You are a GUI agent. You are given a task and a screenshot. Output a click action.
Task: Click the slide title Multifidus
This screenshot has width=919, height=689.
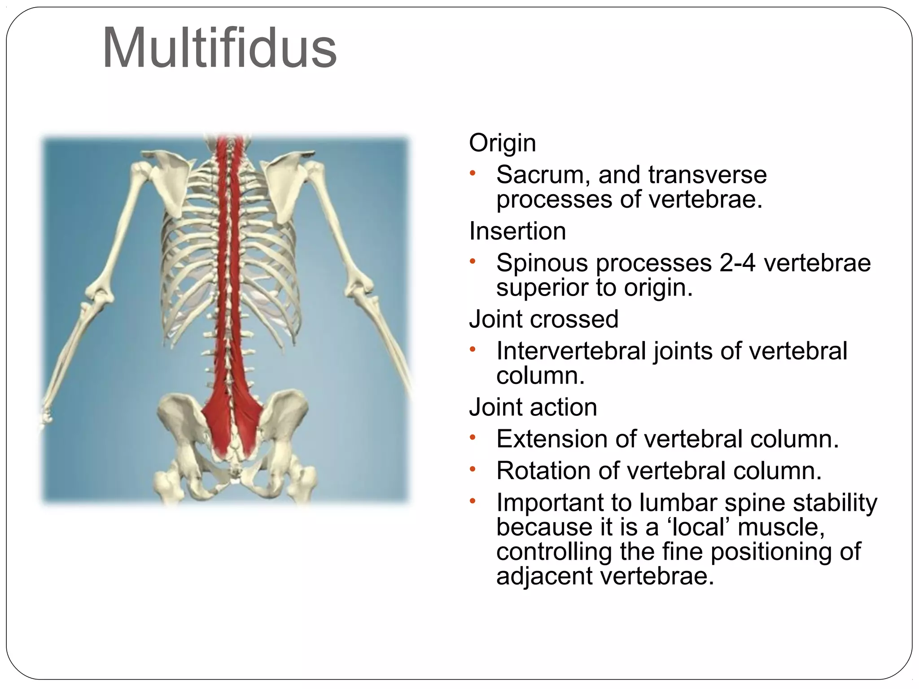coord(219,48)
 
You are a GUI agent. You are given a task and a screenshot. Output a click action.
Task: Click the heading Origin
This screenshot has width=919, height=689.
coord(502,143)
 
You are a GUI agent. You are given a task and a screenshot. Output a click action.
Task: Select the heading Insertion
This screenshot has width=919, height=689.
coord(517,231)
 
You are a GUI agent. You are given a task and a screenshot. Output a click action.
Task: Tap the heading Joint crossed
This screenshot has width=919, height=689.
coord(543,319)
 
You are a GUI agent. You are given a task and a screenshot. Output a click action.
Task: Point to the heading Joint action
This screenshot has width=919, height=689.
coord(533,407)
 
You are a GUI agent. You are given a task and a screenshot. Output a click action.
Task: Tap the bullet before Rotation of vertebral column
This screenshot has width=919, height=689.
coord(472,470)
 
